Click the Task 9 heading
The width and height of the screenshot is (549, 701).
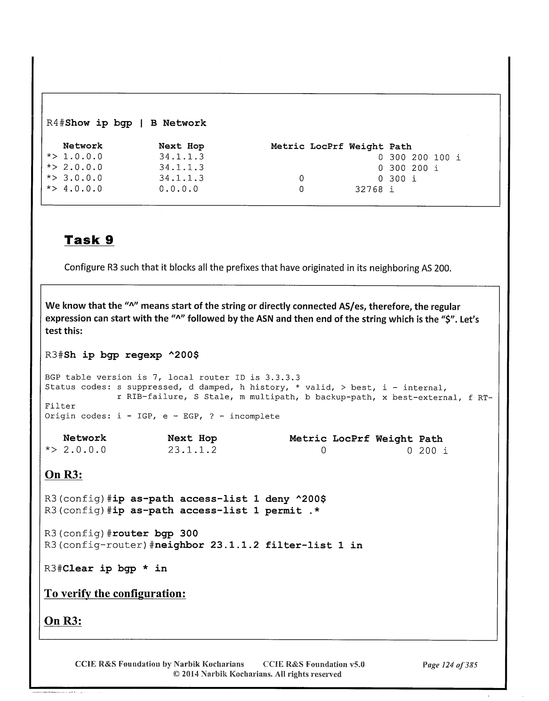coord(89,240)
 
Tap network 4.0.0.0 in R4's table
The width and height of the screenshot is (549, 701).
coord(83,189)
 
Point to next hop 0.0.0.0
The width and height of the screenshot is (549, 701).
coord(178,189)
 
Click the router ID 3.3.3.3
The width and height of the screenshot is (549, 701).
coord(282,377)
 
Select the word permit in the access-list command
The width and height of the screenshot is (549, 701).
coord(283,511)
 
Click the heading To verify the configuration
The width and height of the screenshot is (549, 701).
coord(115,593)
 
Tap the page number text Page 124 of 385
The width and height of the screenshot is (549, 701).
coord(450,665)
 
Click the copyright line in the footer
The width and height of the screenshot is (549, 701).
coord(257,674)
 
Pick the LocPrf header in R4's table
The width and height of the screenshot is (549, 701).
coord(327,146)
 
